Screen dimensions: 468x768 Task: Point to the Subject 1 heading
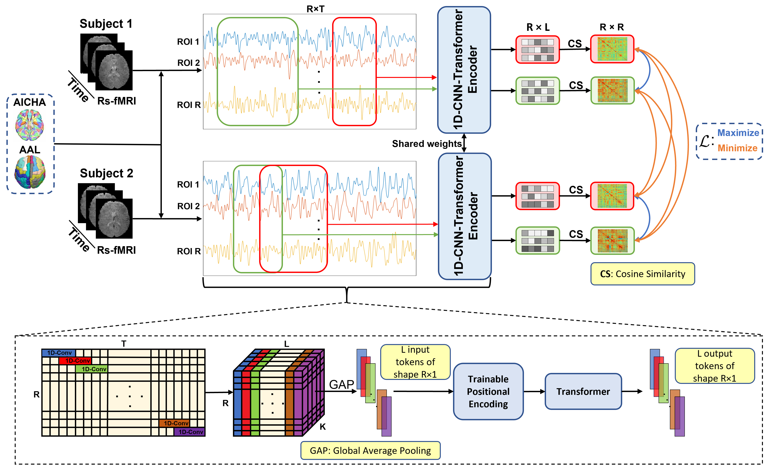click(x=106, y=24)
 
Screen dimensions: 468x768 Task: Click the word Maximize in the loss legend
click(x=738, y=133)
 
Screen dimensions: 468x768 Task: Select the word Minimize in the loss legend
click(x=737, y=148)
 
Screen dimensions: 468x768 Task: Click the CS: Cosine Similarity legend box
click(x=642, y=274)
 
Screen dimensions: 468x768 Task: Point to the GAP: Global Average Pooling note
click(x=370, y=451)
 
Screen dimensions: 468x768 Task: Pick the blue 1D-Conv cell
click(x=59, y=353)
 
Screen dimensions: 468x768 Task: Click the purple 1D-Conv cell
click(x=190, y=432)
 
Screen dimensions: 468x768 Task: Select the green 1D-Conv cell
click(x=92, y=369)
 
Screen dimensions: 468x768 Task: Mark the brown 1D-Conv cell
click(x=175, y=423)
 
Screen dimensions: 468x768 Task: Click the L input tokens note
click(x=415, y=362)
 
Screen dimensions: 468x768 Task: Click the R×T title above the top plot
click(x=315, y=9)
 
